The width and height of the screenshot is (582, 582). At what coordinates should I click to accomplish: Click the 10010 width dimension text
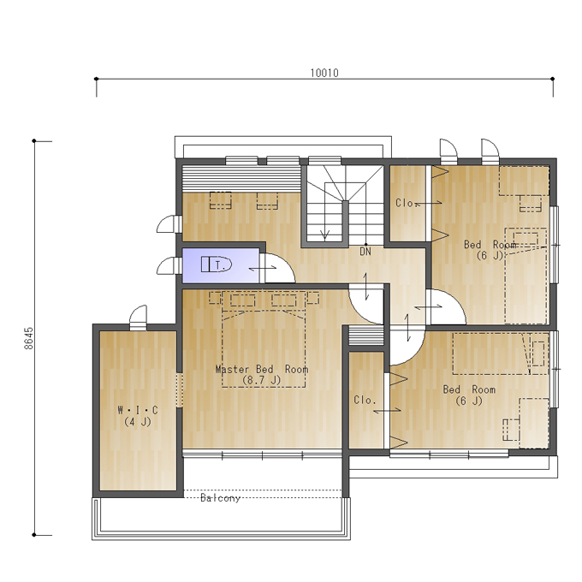[324, 73]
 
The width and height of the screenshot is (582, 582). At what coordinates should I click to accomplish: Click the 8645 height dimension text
[28, 338]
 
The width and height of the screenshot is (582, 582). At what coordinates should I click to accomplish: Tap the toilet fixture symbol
[217, 264]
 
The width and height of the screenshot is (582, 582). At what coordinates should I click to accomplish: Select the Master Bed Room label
[262, 370]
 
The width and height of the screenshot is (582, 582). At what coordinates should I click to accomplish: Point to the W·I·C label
[138, 410]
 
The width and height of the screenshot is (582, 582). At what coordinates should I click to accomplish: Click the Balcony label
[220, 498]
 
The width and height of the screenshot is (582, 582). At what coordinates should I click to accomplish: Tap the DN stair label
[365, 252]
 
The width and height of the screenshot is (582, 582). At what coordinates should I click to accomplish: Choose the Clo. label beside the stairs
[406, 203]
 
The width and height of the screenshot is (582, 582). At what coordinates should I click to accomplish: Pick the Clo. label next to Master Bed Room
[365, 400]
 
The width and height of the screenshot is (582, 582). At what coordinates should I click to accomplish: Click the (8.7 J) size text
[262, 380]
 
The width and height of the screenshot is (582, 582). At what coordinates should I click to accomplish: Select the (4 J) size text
[138, 422]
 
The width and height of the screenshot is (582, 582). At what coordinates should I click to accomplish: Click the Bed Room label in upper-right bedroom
[490, 245]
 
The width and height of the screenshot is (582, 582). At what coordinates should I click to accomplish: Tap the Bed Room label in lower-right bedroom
[469, 389]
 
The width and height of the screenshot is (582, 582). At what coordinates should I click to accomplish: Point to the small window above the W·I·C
[138, 318]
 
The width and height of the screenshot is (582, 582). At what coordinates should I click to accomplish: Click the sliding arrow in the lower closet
[387, 410]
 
